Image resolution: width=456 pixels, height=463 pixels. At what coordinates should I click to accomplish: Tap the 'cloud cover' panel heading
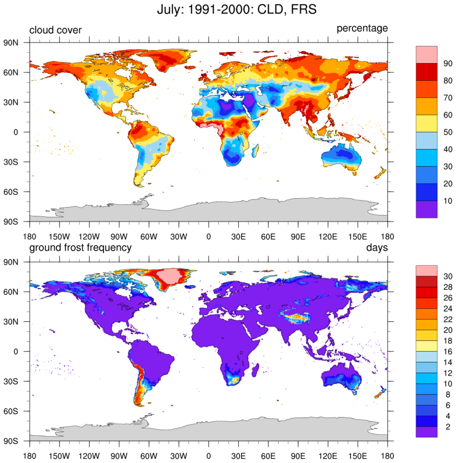[55, 30]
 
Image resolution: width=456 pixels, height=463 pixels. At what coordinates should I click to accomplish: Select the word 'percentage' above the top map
[362, 29]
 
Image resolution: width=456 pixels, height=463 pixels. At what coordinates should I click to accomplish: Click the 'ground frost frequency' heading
[80, 247]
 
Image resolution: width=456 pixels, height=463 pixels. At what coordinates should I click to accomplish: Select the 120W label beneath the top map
[89, 237]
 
